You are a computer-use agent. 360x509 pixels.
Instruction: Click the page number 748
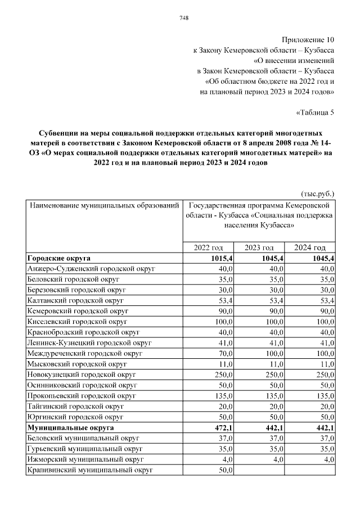pos(183,18)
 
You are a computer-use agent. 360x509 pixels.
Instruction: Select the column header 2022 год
pos(208,248)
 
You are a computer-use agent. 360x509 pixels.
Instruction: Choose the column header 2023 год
pos(259,248)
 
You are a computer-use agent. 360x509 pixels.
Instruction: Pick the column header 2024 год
pos(310,248)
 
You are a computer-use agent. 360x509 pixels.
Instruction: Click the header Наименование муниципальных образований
pos(104,206)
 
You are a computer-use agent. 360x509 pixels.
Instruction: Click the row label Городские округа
pos(59,259)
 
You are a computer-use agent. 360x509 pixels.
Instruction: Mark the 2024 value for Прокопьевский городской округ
pos(324,396)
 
